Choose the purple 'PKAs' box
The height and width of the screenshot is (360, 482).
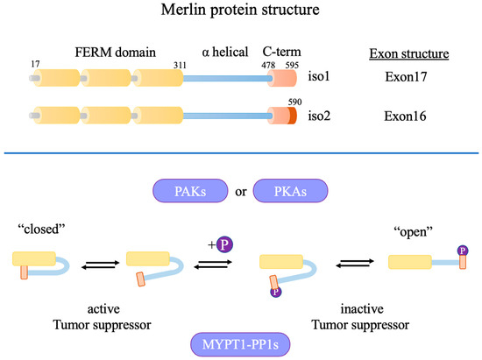click(289, 192)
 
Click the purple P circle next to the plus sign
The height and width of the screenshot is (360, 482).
click(223, 242)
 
